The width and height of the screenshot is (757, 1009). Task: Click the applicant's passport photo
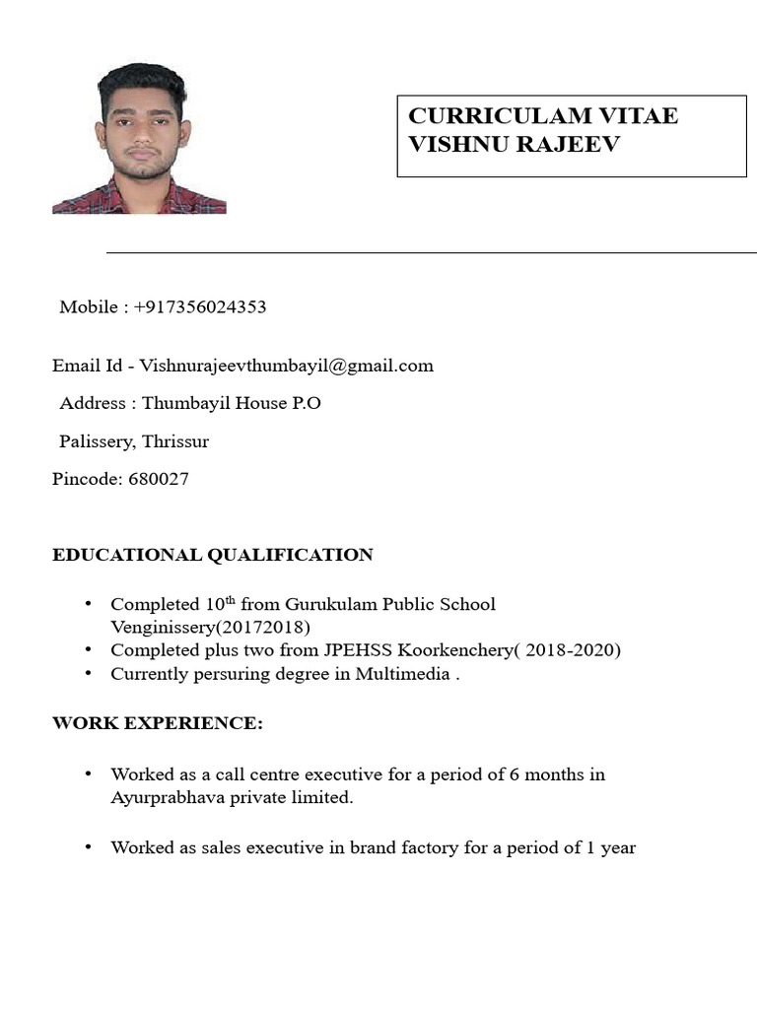[139, 139]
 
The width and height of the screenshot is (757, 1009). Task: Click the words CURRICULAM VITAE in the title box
[542, 115]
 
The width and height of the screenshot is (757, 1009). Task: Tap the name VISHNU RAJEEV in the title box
[514, 144]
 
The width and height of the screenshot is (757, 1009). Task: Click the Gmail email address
[286, 366]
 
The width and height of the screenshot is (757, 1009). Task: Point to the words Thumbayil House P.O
[232, 403]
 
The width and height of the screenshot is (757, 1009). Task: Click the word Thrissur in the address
[175, 441]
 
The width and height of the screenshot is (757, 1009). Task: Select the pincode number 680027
[159, 479]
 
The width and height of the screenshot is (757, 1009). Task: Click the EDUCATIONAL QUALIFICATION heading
[212, 555]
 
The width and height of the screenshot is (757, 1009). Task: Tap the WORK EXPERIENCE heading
[158, 723]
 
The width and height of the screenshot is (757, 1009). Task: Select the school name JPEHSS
[355, 650]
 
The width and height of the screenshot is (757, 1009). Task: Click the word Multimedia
[403, 674]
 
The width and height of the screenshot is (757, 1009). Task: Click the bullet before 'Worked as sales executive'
[90, 847]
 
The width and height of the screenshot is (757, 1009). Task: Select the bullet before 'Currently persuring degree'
[90, 674]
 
